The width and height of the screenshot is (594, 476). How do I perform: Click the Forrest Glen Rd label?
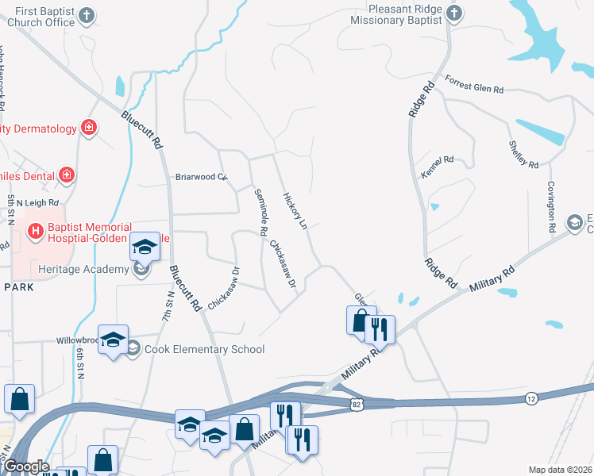(x=475, y=85)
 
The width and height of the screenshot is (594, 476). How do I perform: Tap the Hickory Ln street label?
(x=295, y=210)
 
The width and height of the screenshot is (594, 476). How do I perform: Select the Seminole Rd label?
(x=260, y=212)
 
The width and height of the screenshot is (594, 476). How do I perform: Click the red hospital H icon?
(x=35, y=232)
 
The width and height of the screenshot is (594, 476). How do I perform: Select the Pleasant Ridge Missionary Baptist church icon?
(x=453, y=13)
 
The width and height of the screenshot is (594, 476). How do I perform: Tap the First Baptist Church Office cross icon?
(x=87, y=15)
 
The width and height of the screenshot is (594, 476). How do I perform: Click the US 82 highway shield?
(x=355, y=405)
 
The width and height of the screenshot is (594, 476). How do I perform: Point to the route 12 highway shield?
(x=531, y=397)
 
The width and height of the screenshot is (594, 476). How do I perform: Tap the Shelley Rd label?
(x=523, y=154)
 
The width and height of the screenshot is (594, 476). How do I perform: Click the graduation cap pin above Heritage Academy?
(x=145, y=247)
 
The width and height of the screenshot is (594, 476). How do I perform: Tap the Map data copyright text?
(x=560, y=470)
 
